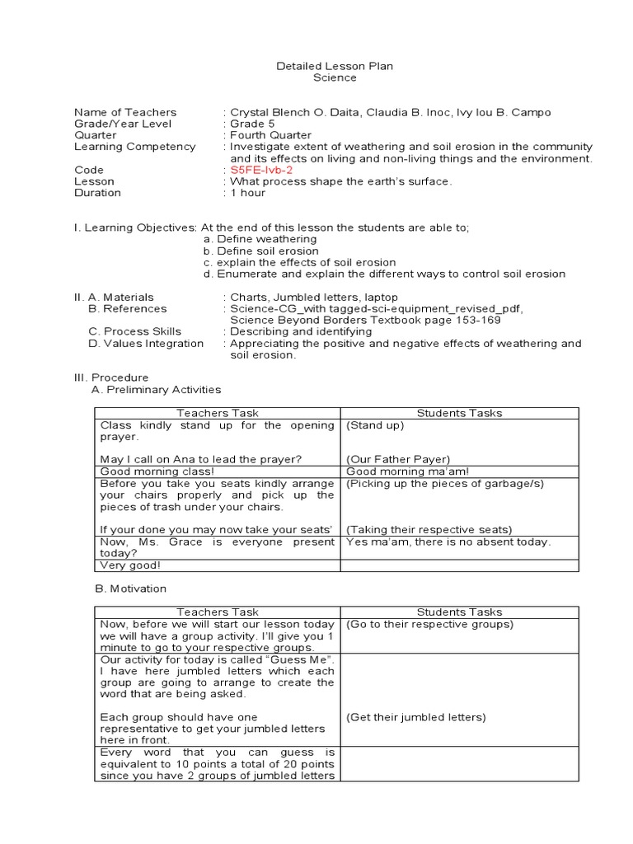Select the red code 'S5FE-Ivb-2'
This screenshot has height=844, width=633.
pyautogui.click(x=260, y=170)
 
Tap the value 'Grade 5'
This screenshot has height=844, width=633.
pyautogui.click(x=252, y=124)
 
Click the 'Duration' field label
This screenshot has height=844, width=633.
pyautogui.click(x=97, y=193)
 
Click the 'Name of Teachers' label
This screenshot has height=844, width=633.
pyautogui.click(x=125, y=112)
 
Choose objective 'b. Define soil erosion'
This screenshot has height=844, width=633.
pyautogui.click(x=261, y=251)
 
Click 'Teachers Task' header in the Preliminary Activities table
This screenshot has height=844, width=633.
pyautogui.click(x=218, y=413)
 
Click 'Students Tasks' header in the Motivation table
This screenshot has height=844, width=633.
pyautogui.click(x=459, y=612)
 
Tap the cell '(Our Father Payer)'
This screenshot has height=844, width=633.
pyautogui.click(x=398, y=459)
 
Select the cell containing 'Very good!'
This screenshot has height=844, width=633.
pyautogui.click(x=218, y=566)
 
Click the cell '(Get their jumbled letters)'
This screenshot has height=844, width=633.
pyautogui.click(x=416, y=717)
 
